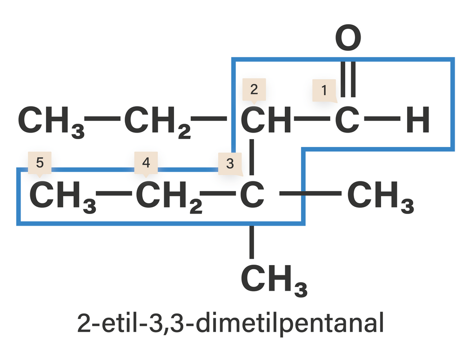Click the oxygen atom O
pos(348,38)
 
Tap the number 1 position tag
pos(324,90)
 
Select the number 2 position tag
pos(254,90)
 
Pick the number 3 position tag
pos(230,164)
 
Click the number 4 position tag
pos(146,163)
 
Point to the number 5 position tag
pos(40,163)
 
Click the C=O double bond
pos(348,80)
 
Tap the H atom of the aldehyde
pos(418,120)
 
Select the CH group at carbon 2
pos(266,120)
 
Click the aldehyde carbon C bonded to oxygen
pos(348,120)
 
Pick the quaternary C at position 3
pos(252,194)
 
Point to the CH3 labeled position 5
pos(63,197)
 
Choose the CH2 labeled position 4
pos(169,197)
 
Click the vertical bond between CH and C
pos(252,157)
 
